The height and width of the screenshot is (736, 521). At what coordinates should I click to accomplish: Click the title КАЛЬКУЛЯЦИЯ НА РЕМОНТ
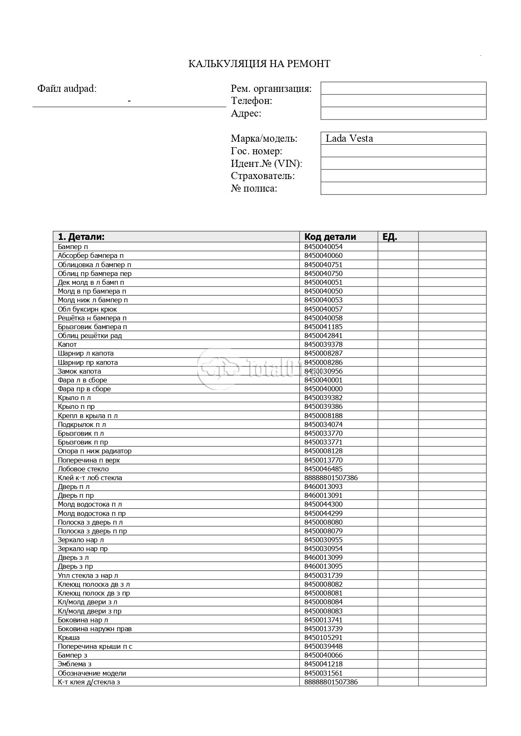coord(259,64)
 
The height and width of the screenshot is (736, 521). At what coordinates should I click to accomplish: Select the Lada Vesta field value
coord(349,138)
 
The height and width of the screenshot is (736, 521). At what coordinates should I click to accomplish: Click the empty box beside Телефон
coord(403,101)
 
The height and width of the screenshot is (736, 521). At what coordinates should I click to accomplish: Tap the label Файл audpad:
coord(67,88)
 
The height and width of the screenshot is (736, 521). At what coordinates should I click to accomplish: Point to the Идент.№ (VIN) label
coord(267,164)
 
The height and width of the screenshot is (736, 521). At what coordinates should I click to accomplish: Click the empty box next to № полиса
coord(403,188)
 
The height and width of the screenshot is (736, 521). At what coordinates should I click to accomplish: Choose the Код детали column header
coord(330,237)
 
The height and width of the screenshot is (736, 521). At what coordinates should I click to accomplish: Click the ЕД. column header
coord(390,237)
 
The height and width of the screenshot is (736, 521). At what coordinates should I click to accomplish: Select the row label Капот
coord(67,344)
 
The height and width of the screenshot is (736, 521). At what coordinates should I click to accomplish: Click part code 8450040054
coord(323,247)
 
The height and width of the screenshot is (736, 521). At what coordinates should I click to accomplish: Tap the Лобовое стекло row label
coord(83,469)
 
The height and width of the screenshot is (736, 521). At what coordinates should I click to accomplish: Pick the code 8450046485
coord(323,469)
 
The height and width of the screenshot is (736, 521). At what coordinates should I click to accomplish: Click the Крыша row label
coord(68,637)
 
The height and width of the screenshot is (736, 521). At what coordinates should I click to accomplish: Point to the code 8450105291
coord(323,637)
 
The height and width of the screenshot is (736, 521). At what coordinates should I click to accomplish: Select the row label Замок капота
coord(79,371)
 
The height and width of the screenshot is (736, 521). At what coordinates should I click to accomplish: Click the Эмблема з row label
coord(74,664)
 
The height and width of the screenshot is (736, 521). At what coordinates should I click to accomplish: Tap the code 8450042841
coord(323,335)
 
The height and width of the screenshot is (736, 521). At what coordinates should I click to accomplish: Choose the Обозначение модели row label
coord(92,673)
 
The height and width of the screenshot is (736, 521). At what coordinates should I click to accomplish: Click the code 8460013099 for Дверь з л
coord(323,557)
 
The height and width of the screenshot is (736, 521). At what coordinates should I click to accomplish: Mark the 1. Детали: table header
coord(81,237)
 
